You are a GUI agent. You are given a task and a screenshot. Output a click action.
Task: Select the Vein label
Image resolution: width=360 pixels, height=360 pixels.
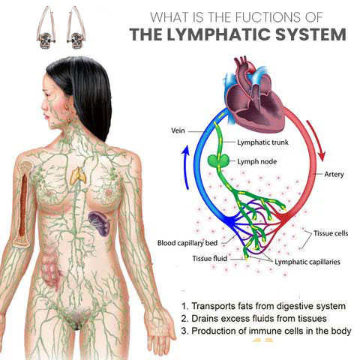click(x=178, y=130)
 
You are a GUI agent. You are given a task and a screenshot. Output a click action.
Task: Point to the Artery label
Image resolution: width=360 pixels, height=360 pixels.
click(x=334, y=174)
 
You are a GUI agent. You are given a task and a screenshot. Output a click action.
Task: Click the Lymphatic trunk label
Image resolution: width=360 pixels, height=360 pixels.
click(x=262, y=142)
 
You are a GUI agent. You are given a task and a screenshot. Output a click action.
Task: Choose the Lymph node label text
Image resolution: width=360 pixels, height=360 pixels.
click(x=257, y=161)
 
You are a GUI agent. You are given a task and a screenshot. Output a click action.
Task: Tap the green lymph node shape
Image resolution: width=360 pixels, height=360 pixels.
click(x=218, y=160)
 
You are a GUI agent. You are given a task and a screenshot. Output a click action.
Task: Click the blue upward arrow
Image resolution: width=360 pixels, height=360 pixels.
click(x=185, y=167)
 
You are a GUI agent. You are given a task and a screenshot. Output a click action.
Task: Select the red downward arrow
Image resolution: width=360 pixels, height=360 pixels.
click(x=316, y=140)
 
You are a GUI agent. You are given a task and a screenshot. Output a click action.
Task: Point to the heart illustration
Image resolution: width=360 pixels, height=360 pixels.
click(x=253, y=95)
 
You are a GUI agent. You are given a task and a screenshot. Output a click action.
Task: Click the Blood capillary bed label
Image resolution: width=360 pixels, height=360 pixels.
click(x=187, y=243)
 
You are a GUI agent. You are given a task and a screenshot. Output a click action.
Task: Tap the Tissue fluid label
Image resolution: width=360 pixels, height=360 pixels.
click(x=209, y=258)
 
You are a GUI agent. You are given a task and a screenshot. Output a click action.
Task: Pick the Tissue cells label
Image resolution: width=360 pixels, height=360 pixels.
click(x=331, y=233)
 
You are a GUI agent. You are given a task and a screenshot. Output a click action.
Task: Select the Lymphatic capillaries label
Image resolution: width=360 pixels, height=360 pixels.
click(x=307, y=262)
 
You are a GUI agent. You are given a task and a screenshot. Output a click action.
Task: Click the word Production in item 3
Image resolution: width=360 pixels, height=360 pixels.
click(x=213, y=331)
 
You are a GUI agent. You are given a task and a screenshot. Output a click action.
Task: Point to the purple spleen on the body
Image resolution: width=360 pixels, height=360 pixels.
click(x=100, y=223)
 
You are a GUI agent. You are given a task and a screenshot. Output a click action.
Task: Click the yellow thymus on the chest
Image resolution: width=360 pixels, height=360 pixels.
click(x=78, y=175)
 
